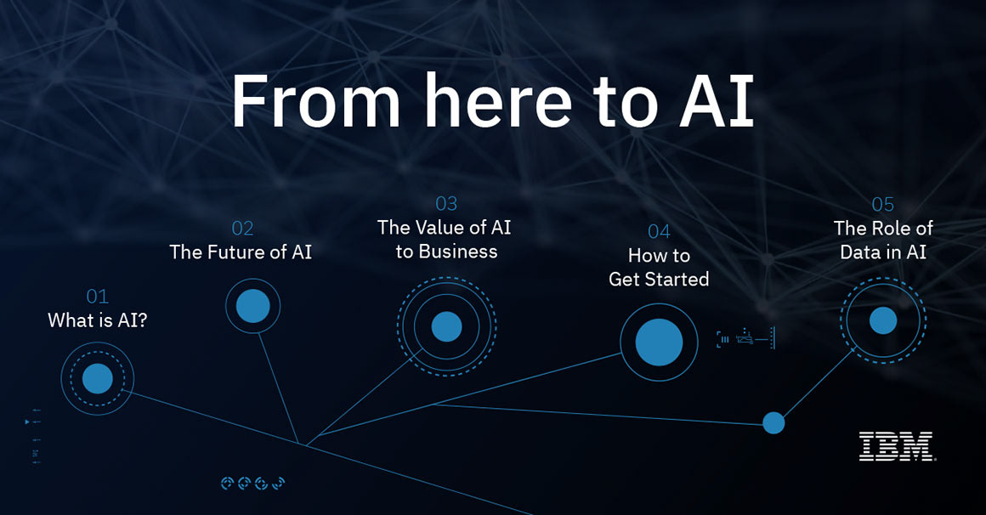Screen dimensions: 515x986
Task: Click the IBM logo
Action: (896, 446)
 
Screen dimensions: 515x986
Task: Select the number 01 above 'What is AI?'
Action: (97, 297)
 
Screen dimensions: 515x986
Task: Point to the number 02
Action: (242, 228)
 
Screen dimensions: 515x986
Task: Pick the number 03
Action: (445, 204)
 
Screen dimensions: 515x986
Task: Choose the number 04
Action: (659, 231)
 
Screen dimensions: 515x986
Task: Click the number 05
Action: (882, 204)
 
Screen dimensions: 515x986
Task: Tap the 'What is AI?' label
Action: (97, 320)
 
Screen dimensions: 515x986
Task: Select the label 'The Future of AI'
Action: (241, 252)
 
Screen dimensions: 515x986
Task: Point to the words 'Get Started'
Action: (659, 279)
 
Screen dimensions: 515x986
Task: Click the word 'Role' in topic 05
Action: (891, 228)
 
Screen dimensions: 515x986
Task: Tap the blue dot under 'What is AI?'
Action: (98, 378)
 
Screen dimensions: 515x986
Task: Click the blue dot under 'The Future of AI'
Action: (252, 306)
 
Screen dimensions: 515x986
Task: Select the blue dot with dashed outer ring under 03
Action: (446, 326)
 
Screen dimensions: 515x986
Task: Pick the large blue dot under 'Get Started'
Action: (659, 342)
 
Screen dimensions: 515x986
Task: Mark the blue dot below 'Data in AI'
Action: (882, 320)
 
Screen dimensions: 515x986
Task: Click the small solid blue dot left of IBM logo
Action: (773, 422)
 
